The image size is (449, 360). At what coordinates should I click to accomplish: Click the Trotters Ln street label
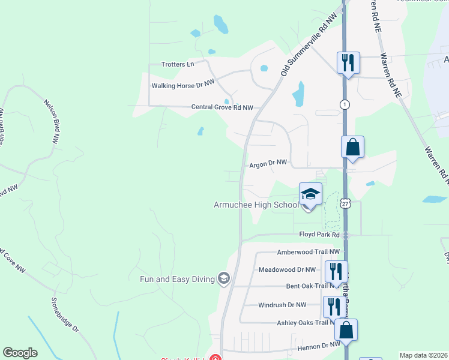[x=178, y=64]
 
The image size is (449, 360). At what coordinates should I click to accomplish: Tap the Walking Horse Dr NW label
[x=182, y=86]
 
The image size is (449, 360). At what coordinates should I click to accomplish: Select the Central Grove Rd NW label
[x=222, y=107]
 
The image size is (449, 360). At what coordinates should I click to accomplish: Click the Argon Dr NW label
[x=268, y=163]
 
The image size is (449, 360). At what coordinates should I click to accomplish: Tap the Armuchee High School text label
[x=256, y=205]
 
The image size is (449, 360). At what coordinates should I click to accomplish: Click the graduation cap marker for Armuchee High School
[x=310, y=194]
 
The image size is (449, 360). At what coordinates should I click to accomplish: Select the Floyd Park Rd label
[x=320, y=234]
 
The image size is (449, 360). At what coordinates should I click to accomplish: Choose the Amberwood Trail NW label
[x=308, y=253]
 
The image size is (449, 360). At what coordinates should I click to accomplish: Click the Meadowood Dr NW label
[x=291, y=269]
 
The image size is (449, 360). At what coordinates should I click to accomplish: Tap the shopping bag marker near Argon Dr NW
[x=352, y=148]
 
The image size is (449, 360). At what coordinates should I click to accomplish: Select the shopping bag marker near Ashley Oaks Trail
[x=346, y=331]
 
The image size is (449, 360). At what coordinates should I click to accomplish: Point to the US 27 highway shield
[x=345, y=204]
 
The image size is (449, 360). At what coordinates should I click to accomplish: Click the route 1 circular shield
[x=345, y=104]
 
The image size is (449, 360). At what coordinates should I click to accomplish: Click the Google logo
[x=20, y=353]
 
